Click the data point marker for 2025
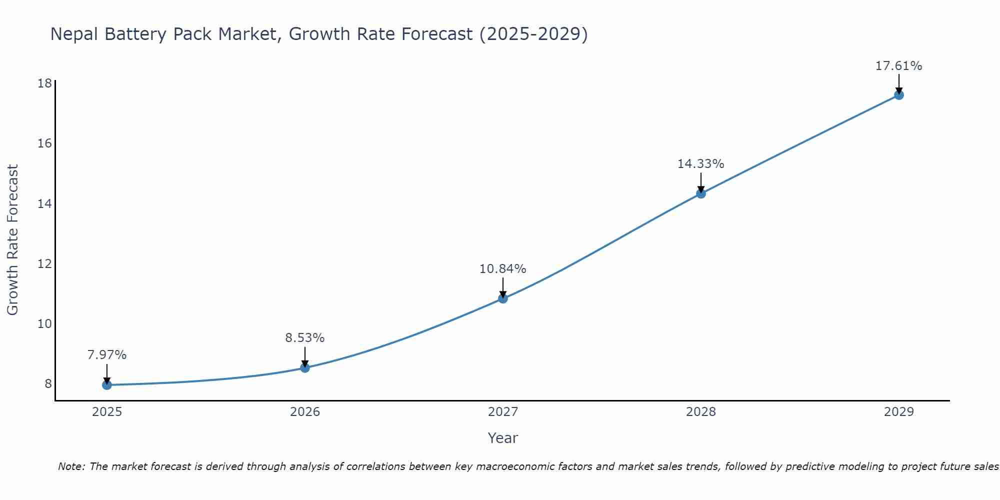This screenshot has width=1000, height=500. tap(106, 385)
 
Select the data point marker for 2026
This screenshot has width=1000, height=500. tap(305, 368)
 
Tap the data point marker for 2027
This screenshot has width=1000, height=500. tap(503, 298)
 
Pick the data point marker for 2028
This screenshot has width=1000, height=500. tap(701, 193)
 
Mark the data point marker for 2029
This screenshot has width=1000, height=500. tap(899, 95)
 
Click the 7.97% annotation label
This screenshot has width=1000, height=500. tap(106, 355)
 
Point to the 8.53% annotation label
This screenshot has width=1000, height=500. tap(305, 338)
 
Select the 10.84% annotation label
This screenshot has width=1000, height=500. tap(503, 269)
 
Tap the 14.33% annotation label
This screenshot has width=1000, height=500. tap(701, 164)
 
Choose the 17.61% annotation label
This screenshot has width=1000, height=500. tap(899, 66)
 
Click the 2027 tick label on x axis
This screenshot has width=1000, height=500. tap(503, 412)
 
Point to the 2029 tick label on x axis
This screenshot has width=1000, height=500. tap(899, 412)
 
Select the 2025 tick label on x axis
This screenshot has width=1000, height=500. tap(107, 412)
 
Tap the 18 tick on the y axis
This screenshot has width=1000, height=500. tap(45, 83)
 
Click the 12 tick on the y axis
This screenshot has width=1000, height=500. tap(45, 263)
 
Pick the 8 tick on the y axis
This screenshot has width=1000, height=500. tap(48, 383)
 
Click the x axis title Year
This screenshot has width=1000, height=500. tap(503, 438)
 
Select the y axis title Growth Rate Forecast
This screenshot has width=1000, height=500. tap(13, 240)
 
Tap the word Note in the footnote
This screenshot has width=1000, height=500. tap(71, 466)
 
